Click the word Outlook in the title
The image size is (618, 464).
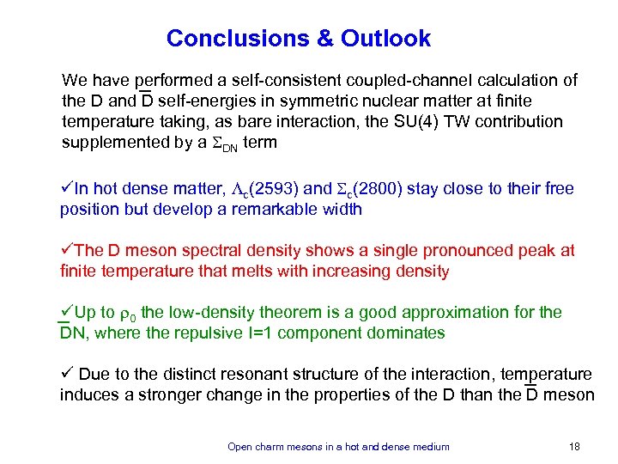point(385,39)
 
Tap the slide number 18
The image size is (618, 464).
point(575,447)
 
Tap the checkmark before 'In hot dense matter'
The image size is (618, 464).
point(66,188)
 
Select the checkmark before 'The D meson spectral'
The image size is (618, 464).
point(66,250)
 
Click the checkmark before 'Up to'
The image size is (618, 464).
point(66,312)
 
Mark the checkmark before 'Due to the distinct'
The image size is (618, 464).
point(66,374)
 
